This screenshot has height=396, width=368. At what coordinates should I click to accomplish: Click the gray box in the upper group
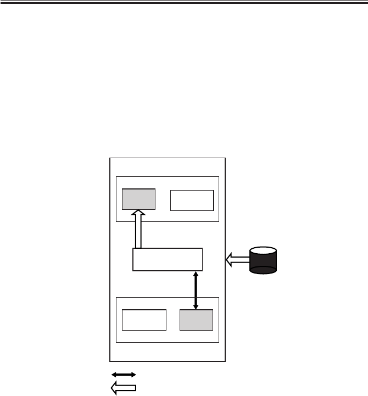click(138, 199)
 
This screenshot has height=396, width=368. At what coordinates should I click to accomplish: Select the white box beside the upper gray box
click(192, 200)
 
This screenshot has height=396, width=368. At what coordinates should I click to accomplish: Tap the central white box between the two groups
click(168, 259)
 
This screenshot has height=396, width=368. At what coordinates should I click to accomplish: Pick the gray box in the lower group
click(197, 320)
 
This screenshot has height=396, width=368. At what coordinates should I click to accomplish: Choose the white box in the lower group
click(144, 320)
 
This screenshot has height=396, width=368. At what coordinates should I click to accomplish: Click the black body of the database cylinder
click(263, 263)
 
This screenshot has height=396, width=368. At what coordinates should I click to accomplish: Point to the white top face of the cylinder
click(263, 252)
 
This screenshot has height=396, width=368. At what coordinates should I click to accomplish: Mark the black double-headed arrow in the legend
click(124, 374)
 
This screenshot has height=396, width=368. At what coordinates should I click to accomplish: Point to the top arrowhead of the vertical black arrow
click(196, 273)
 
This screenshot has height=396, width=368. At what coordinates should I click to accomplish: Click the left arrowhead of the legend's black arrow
click(114, 374)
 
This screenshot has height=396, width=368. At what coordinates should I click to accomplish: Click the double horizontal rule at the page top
click(184, 3)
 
